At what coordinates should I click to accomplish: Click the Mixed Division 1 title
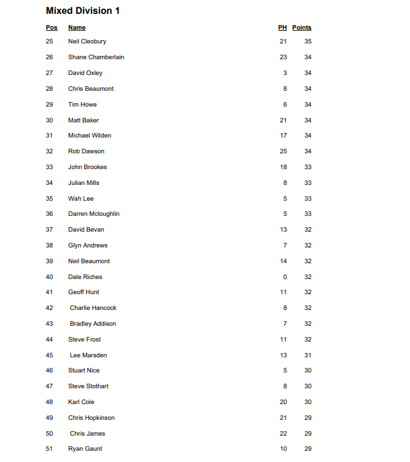coord(82,11)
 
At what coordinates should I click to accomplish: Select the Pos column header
coord(51,28)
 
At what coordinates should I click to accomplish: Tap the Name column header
coord(77,28)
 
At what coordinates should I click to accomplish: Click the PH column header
coord(282,28)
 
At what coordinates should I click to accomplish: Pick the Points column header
coord(301,28)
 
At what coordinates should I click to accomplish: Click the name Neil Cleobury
coord(87,41)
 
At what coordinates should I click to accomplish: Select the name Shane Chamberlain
coord(96,57)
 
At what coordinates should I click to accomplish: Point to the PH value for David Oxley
coord(285,73)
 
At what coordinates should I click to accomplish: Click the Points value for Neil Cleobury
coord(308,41)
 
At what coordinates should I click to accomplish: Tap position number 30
coord(49,120)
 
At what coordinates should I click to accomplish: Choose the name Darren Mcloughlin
coord(93,214)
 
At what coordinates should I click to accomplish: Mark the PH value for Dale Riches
coord(285,277)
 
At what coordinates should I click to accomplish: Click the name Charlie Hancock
coord(93,308)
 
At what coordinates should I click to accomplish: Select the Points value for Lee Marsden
coord(308,355)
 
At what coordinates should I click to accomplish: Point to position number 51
coord(49,449)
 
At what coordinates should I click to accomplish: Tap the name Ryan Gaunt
coord(85,449)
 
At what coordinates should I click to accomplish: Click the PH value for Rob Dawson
coord(283,151)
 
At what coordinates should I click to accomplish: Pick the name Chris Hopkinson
coord(91,418)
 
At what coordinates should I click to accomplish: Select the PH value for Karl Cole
coord(283,402)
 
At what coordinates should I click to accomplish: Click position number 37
coord(49,230)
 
